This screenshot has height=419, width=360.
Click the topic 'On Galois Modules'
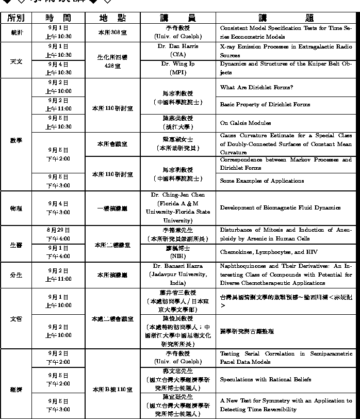[245, 123]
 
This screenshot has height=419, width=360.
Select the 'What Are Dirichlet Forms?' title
[256, 87]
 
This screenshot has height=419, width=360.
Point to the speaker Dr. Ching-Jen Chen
[178, 195]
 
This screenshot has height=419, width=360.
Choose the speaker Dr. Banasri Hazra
[178, 266]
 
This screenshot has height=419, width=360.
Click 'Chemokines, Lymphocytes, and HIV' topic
[269, 252]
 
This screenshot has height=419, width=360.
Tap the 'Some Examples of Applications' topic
[261, 181]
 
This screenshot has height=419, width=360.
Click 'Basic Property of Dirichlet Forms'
[265, 105]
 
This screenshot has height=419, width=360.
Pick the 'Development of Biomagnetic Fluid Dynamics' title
[280, 208]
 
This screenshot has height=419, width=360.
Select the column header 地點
[112, 18]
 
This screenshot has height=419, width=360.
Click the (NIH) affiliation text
[178, 256]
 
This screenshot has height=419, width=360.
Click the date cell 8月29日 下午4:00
[58, 234]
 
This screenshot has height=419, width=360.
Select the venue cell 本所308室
[112, 32]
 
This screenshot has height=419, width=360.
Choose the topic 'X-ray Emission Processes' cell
[286, 51]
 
